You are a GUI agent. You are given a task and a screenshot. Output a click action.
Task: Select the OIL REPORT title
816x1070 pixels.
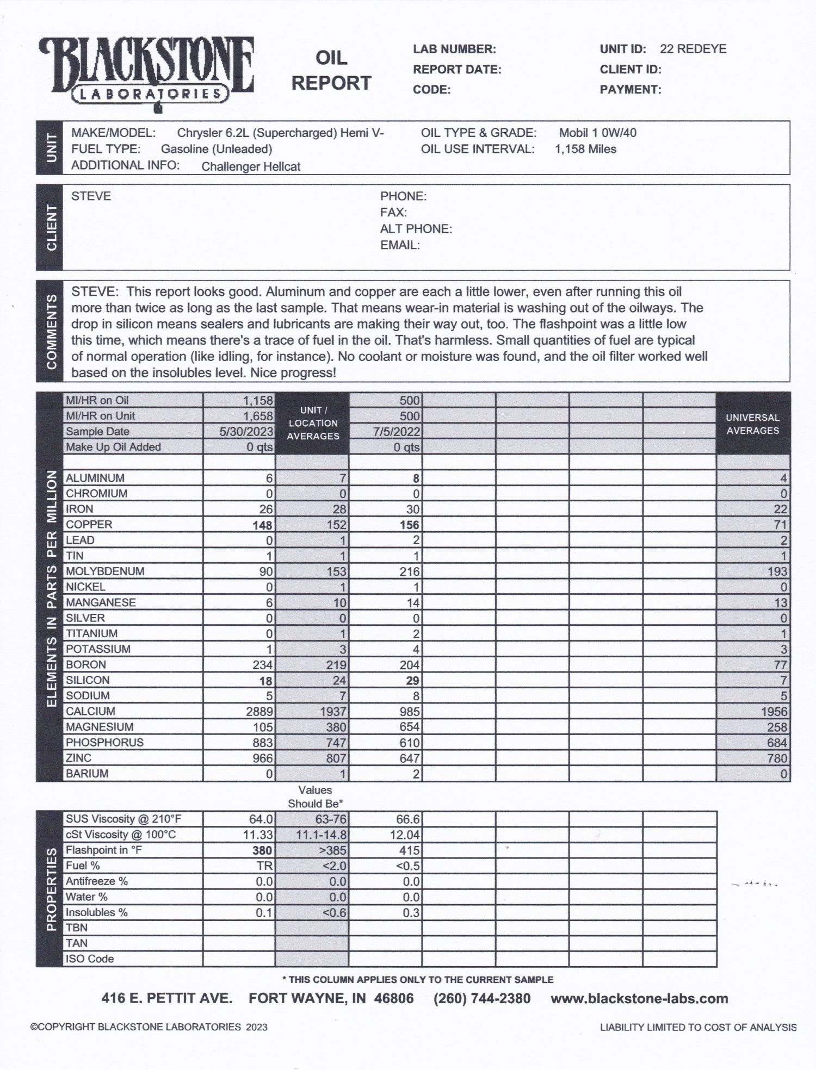pos(331,71)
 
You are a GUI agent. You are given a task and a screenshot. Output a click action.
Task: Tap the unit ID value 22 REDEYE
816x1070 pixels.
pos(693,49)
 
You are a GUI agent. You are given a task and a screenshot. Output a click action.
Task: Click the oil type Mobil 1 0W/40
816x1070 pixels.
pos(597,133)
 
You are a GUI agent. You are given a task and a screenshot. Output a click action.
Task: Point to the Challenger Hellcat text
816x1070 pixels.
pos(251,167)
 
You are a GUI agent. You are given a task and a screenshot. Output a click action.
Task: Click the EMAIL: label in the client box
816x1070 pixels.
pos(400,245)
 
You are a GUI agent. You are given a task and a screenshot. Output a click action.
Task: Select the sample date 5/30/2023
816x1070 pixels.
pos(246,432)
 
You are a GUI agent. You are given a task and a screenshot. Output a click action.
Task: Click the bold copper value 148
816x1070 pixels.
pos(262,525)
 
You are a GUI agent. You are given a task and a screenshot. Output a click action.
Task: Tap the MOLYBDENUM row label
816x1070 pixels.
pos(105,571)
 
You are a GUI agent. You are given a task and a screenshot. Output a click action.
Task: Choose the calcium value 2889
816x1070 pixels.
pos(258,712)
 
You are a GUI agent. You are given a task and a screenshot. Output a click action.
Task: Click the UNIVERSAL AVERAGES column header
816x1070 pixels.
pos(752,424)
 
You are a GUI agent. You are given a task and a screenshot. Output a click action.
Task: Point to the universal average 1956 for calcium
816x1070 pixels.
pos(774,712)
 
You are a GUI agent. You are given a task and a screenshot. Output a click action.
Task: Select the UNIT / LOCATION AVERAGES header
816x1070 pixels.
pos(313,423)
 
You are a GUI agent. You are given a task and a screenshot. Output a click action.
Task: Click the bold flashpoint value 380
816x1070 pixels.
pos(262,851)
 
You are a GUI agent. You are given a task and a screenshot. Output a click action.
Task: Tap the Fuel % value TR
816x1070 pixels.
pos(265,866)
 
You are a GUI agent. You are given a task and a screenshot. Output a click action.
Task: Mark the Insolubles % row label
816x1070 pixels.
pos(97,913)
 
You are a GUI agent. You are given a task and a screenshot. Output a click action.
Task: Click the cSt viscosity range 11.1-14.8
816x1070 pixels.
pos(321,835)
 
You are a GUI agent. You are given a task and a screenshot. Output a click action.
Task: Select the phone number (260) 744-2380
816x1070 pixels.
pos(481,999)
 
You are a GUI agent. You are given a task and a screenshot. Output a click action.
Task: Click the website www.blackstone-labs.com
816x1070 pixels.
pos(639,999)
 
